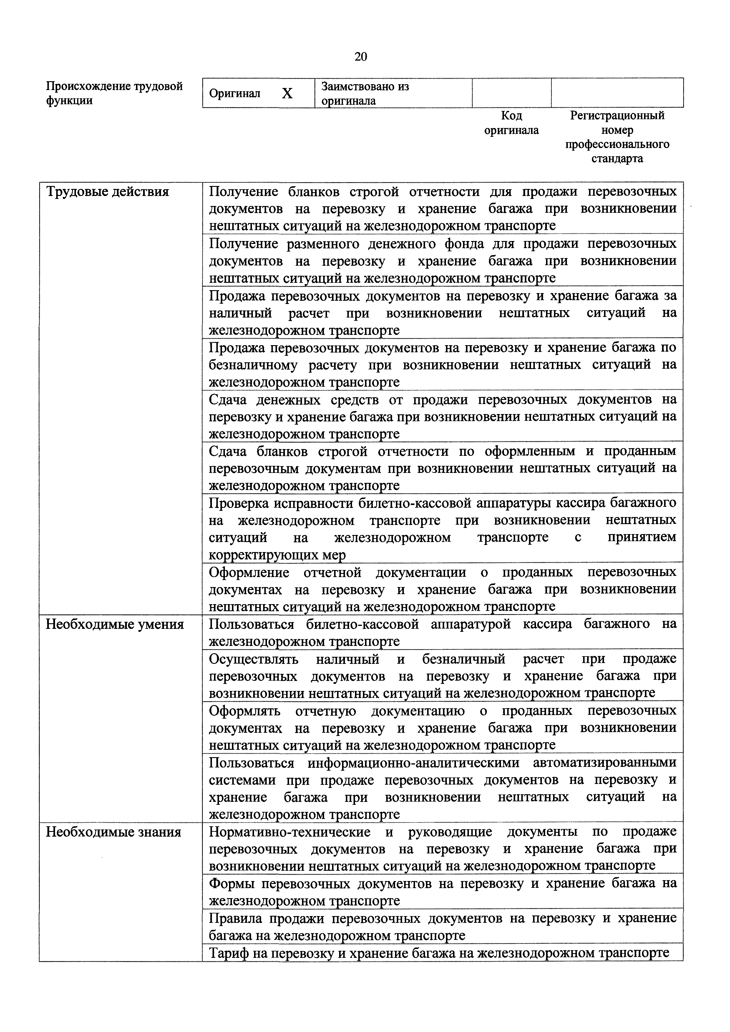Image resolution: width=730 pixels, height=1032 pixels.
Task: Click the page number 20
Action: tap(361, 56)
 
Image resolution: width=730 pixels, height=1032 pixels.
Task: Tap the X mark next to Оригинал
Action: tap(287, 94)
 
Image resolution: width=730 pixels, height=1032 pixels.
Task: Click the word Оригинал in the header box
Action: tap(235, 94)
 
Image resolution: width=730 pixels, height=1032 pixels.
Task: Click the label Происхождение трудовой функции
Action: tap(115, 93)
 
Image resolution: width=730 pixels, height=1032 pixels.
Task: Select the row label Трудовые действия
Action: tap(108, 192)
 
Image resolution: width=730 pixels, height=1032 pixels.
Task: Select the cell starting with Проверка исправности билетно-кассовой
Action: tap(442, 529)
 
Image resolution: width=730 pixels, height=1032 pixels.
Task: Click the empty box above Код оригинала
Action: tap(512, 93)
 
